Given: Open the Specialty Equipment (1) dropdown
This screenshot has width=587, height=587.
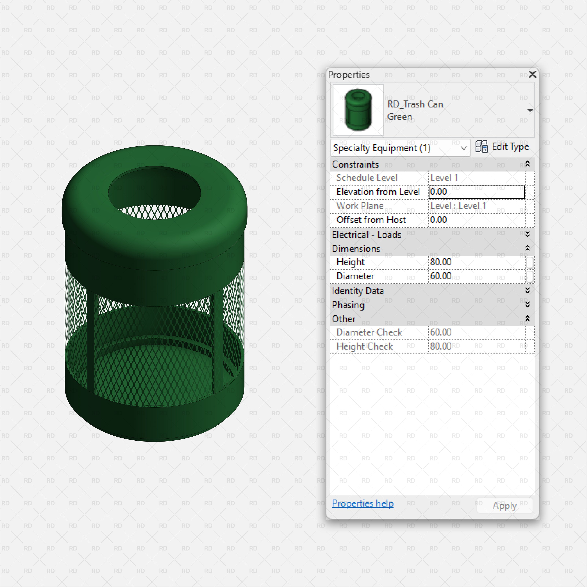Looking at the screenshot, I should (x=400, y=148).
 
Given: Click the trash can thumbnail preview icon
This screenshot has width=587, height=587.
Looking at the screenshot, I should (x=358, y=110).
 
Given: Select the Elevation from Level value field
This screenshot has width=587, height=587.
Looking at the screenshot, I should (x=476, y=192).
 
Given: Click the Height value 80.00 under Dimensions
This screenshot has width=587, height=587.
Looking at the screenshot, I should (x=476, y=262).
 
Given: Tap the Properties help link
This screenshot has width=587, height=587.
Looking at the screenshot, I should (x=362, y=504).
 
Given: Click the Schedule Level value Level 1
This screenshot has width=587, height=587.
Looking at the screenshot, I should (x=476, y=178).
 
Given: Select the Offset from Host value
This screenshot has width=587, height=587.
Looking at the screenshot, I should (x=476, y=220).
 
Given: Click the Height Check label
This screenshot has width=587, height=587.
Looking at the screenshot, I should (x=365, y=346).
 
